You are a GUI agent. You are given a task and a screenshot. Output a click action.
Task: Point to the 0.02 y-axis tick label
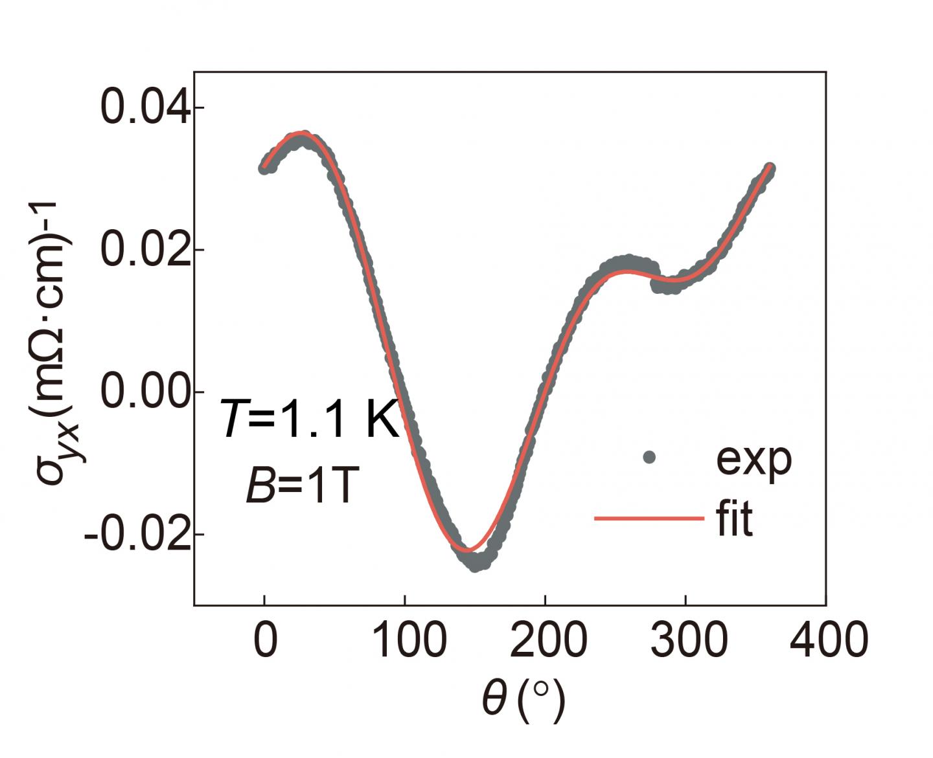point(146,250)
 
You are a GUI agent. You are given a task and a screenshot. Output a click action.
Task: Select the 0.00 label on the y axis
point(146,392)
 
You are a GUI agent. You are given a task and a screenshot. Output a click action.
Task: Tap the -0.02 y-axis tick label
point(138,535)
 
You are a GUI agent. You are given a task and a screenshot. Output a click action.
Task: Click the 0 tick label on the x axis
point(265,640)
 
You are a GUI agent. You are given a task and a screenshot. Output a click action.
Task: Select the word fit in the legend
point(735,518)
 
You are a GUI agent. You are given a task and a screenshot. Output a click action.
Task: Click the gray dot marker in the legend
point(649,458)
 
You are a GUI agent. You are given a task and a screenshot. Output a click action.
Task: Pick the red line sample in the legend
point(649,518)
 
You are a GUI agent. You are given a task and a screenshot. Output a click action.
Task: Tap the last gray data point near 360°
point(770,169)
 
